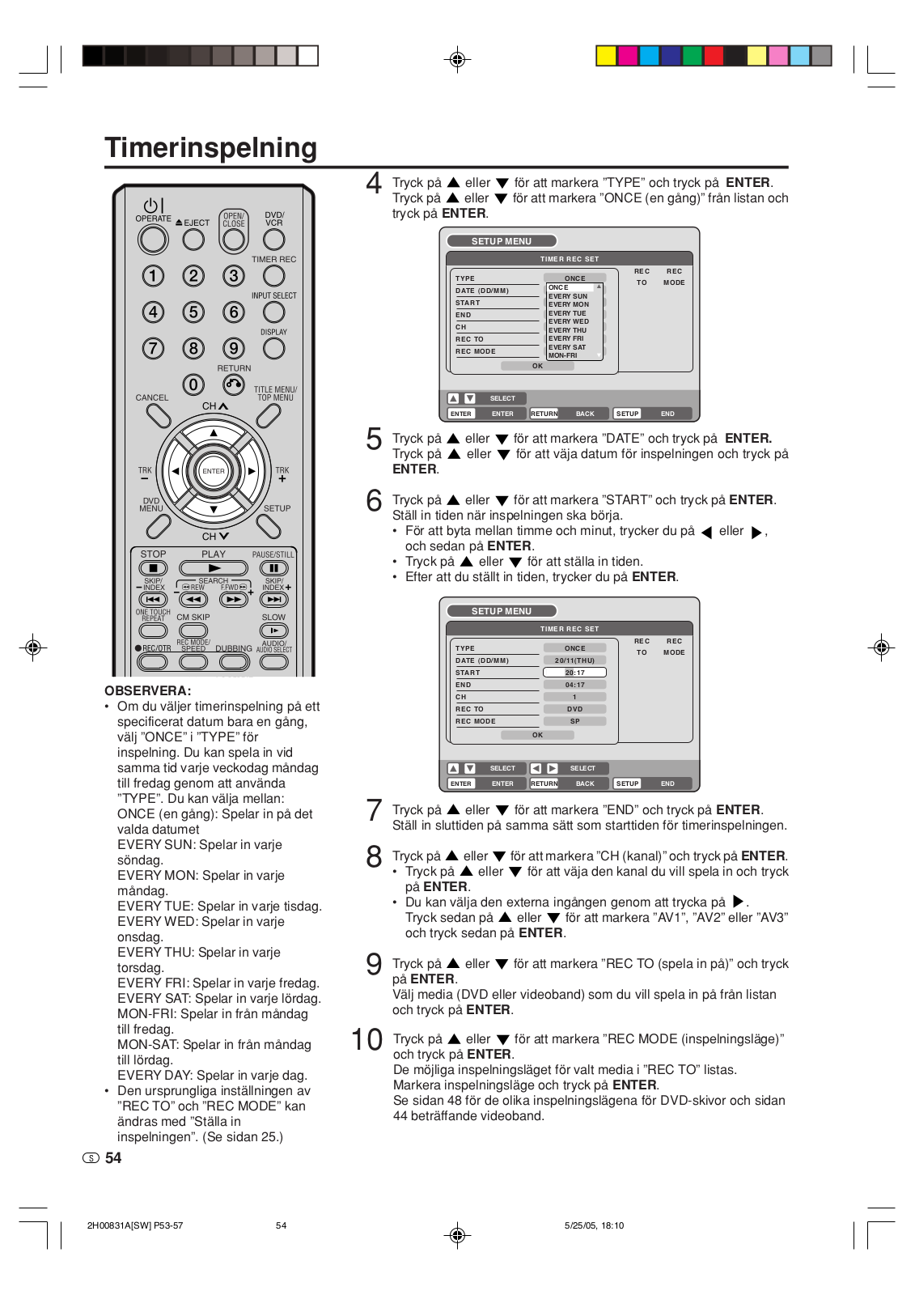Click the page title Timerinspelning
click(210, 147)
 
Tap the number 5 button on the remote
click(193, 312)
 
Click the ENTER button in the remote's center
click(214, 471)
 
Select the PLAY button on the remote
click(214, 568)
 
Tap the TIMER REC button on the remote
click(274, 276)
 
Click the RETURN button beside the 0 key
click(234, 384)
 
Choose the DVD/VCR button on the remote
click(274, 240)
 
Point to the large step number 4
click(373, 183)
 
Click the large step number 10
click(366, 1039)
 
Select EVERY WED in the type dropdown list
click(569, 321)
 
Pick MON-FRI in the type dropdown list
click(563, 355)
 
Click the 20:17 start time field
click(574, 673)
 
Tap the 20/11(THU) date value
click(574, 660)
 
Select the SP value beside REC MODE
click(574, 721)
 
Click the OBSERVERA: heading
click(148, 690)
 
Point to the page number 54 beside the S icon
click(113, 1158)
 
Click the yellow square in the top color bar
click(606, 56)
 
